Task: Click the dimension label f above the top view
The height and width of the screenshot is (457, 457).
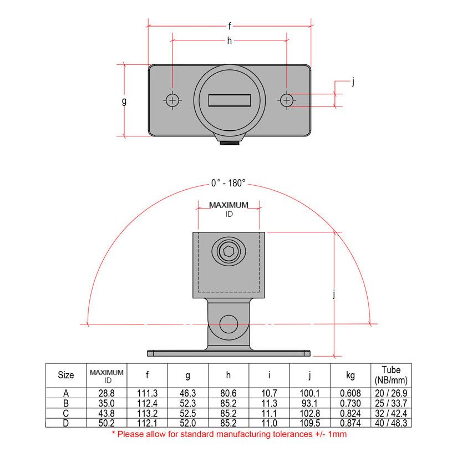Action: tap(230, 26)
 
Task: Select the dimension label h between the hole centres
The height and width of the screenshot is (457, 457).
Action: tap(229, 40)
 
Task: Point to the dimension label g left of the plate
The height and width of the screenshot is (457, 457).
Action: tap(124, 101)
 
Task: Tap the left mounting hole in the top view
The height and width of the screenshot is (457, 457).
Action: tap(173, 100)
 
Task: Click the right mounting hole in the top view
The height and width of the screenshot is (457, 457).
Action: tap(286, 100)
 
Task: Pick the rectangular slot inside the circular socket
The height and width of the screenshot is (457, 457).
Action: tap(230, 100)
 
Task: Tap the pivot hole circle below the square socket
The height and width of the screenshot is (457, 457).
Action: tap(228, 323)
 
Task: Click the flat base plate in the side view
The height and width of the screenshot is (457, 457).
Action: tap(228, 353)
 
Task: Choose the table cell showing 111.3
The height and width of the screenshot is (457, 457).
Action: tap(148, 393)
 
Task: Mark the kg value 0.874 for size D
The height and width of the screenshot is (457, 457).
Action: tap(350, 423)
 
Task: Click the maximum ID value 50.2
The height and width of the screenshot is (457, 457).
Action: tap(106, 423)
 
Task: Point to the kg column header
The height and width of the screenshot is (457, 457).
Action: tap(350, 375)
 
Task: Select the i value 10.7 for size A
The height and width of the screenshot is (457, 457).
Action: tap(269, 393)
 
